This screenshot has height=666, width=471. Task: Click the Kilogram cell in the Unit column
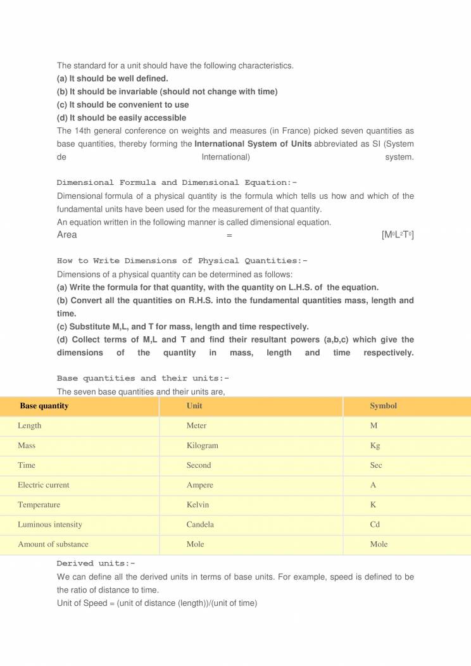[x=202, y=446]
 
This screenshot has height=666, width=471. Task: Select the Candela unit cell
[x=200, y=525]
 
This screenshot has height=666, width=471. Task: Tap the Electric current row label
[x=44, y=486]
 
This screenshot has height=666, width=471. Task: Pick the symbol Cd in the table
[x=375, y=525]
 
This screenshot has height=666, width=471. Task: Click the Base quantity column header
[x=44, y=406]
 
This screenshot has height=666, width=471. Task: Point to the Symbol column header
[x=383, y=406]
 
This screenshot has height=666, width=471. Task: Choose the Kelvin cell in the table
[x=198, y=505]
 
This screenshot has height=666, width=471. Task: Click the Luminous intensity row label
[x=50, y=525]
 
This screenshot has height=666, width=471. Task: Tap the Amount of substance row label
[x=53, y=544]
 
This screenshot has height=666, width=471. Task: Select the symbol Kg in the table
[x=375, y=446]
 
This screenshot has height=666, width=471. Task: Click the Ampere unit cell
[x=199, y=486]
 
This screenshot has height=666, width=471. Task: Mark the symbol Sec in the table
[x=376, y=465]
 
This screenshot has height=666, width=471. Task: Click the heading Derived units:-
[x=96, y=563]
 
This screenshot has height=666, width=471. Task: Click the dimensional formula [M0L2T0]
[x=398, y=236]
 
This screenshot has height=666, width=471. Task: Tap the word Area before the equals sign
[x=67, y=236]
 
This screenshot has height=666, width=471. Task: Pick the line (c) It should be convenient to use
[x=123, y=104]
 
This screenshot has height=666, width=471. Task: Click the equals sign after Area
[x=229, y=236]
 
